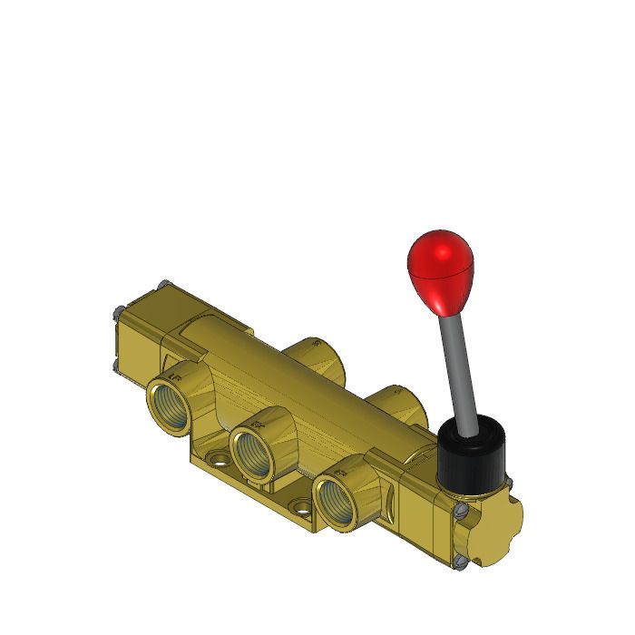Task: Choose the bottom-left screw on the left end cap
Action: pos(118,366)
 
